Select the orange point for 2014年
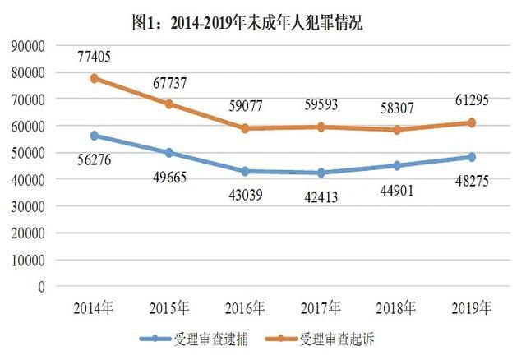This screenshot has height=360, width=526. pyautogui.click(x=95, y=78)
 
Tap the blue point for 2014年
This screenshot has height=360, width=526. pyautogui.click(x=95, y=135)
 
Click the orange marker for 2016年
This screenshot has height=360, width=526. pyautogui.click(x=246, y=127)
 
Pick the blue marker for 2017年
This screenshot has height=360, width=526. pyautogui.click(x=321, y=173)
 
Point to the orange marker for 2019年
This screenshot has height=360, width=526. pyautogui.click(x=472, y=122)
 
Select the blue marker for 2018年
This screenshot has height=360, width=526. pyautogui.click(x=396, y=165)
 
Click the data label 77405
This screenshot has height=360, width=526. pyautogui.click(x=95, y=58)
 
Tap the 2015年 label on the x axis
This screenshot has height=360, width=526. pyautogui.click(x=170, y=309)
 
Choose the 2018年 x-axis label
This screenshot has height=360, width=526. pyautogui.click(x=396, y=309)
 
